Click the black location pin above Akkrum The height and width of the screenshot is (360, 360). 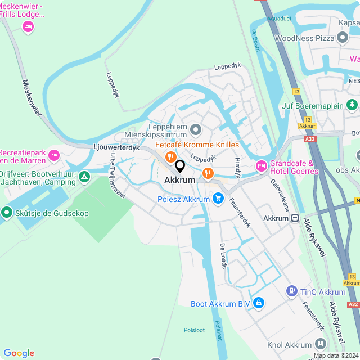[x=180, y=166]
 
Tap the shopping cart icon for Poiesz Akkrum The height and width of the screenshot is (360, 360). [x=218, y=199]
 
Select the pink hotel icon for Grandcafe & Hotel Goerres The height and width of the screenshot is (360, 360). [x=261, y=166]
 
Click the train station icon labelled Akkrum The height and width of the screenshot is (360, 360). [x=294, y=218]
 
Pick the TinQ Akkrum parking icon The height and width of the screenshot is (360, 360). [x=291, y=291]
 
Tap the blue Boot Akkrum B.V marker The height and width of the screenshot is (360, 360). [x=258, y=304]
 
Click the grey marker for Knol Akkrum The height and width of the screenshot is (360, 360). [x=320, y=344]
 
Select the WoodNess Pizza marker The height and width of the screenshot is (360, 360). [x=342, y=38]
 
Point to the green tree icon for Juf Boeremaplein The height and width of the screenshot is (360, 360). [x=352, y=104]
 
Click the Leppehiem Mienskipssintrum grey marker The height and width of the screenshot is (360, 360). [x=196, y=130]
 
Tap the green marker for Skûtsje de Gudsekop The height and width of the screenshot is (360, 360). [x=7, y=212]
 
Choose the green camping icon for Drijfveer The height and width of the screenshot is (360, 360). [x=84, y=178]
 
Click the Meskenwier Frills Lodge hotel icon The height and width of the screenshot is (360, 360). [x=28, y=26]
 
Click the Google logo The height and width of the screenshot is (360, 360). [x=19, y=353]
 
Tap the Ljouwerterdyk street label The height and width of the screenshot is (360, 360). [x=116, y=147]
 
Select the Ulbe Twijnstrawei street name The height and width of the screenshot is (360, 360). [x=118, y=175]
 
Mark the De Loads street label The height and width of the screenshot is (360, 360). [x=223, y=256]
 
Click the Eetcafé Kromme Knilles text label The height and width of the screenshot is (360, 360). [x=197, y=145]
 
